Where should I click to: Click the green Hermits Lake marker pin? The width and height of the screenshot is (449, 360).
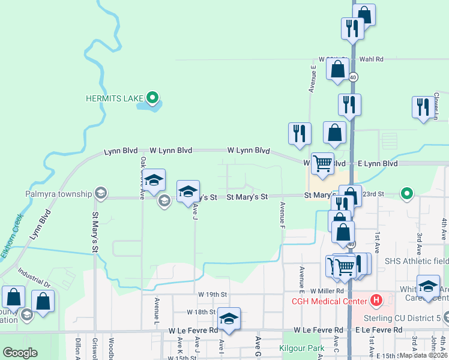click(152, 97)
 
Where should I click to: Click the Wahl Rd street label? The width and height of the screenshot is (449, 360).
click(372, 59)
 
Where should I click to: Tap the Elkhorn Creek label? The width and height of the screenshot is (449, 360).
click(11, 236)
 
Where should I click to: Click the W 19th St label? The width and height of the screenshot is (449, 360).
click(212, 295)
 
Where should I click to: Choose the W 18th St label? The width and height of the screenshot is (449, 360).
click(200, 312)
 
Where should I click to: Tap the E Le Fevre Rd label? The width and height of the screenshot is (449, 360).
click(378, 331)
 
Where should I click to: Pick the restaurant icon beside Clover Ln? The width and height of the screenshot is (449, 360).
click(423, 106)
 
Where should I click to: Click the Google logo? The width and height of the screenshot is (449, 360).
click(20, 352)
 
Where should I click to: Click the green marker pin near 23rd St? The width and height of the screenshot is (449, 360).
click(407, 193)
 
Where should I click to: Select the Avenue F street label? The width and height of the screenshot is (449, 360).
click(282, 215)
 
